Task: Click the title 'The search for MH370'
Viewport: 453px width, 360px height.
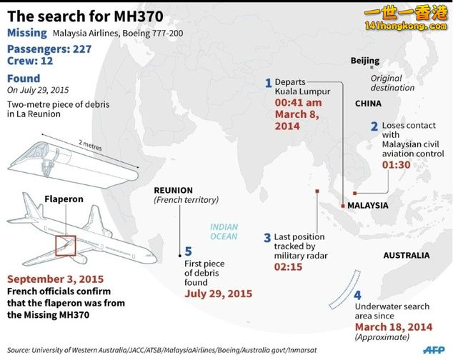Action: pos(85,16)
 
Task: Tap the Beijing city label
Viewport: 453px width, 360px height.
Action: pos(365,61)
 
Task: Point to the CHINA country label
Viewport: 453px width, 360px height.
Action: pos(368,104)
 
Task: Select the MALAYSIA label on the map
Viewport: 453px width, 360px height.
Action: pos(367,206)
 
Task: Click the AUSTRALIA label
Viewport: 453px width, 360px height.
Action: pos(406,256)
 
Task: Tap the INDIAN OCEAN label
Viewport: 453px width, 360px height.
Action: pos(224,231)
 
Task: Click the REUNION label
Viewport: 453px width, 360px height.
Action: pos(174,191)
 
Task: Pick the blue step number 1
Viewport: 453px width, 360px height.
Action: pos(269,83)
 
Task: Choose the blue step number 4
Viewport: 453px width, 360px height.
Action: pos(357,295)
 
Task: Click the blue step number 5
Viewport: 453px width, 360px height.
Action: pos(188,251)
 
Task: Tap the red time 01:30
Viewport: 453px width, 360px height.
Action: pos(396,165)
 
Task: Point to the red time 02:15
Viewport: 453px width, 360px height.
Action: pos(288,267)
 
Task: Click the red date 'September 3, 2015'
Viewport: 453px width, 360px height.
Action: pos(56,279)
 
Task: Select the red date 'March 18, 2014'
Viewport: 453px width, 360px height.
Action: pos(394,327)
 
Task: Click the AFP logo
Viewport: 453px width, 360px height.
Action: pos(434,350)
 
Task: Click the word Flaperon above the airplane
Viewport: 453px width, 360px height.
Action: pos(64,199)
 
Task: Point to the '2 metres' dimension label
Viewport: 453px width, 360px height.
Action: pos(90,145)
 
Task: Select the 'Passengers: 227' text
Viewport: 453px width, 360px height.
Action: pos(49,49)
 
